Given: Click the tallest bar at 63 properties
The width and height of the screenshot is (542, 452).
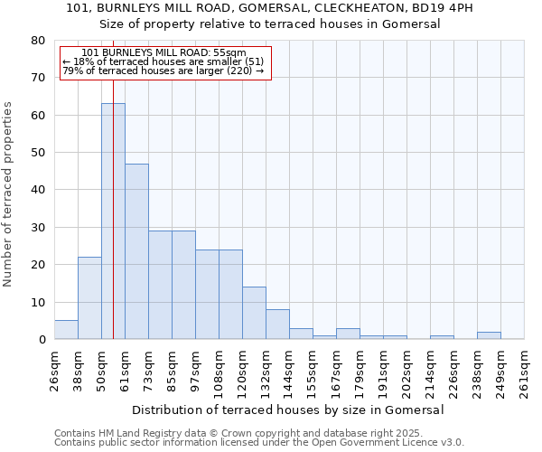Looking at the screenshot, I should tap(113, 221).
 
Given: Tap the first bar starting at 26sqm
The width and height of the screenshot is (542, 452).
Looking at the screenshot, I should tap(66, 330).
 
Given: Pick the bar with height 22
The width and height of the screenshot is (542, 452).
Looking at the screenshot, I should tap(89, 298).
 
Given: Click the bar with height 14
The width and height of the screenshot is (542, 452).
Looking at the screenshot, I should tap(254, 313).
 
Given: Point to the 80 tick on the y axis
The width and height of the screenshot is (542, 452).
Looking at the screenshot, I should tap(38, 41).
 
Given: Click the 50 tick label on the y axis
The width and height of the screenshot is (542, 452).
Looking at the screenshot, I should tap(38, 153).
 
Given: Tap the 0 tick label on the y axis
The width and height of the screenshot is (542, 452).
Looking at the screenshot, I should tap(42, 340).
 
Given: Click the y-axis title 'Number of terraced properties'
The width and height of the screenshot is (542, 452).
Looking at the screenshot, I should tap(9, 193).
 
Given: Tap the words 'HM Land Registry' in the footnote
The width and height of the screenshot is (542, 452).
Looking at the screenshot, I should tap(135, 433).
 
